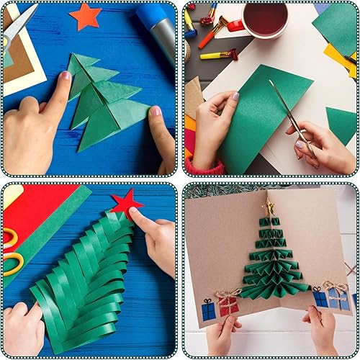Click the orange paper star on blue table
(x=86, y=16)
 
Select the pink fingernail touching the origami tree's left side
(x=66, y=76)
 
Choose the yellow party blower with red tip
(x=216, y=55)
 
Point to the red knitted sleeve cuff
(x=204, y=167)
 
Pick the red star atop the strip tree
(x=126, y=202)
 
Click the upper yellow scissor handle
(x=9, y=238)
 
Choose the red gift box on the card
(x=228, y=306)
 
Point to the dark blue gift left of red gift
(x=209, y=310)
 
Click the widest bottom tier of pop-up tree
(x=271, y=287)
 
